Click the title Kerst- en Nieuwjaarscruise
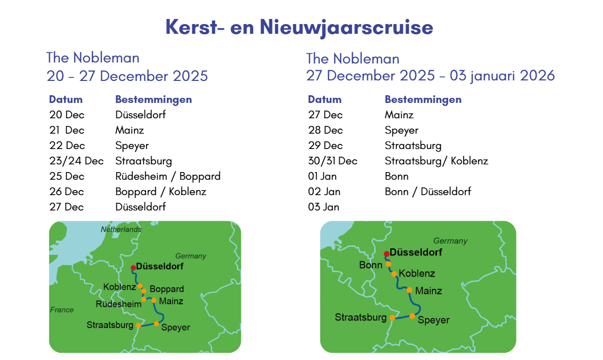click(299, 27)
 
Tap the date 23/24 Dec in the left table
click(76, 161)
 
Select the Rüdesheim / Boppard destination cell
click(168, 176)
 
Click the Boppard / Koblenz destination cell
click(161, 192)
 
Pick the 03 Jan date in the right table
click(323, 207)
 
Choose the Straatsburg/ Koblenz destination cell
click(436, 161)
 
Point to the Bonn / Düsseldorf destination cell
click(428, 192)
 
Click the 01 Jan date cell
click(322, 176)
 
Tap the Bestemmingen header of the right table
click(423, 100)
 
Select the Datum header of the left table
click(66, 99)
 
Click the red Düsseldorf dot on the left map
click(133, 268)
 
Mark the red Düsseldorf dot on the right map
click(386, 254)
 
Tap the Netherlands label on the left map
click(121, 229)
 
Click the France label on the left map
click(62, 310)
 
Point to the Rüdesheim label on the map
click(118, 304)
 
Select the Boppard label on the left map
click(167, 289)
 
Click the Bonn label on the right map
click(371, 265)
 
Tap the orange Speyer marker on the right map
click(412, 316)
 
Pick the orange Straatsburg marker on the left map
click(138, 326)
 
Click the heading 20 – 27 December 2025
click(127, 76)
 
